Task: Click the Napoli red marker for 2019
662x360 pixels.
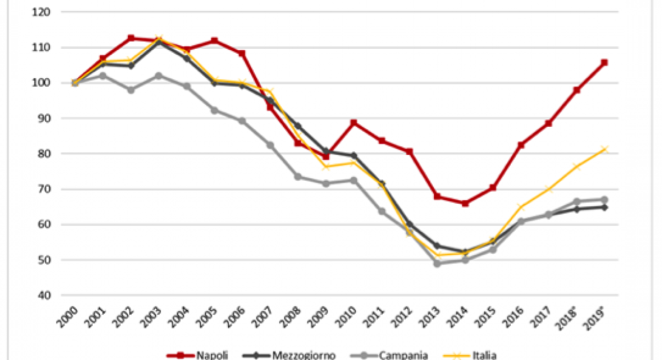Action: (x=604, y=62)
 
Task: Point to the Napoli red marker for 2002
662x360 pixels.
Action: (x=131, y=38)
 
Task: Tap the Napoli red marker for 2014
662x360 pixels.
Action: (x=465, y=203)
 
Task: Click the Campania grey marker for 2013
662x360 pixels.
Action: (x=437, y=264)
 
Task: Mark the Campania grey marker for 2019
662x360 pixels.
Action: (x=604, y=200)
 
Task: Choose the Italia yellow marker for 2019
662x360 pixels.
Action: (x=604, y=149)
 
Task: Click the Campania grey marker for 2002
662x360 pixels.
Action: (x=131, y=90)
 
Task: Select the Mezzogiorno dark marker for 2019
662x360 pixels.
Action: (x=604, y=207)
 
